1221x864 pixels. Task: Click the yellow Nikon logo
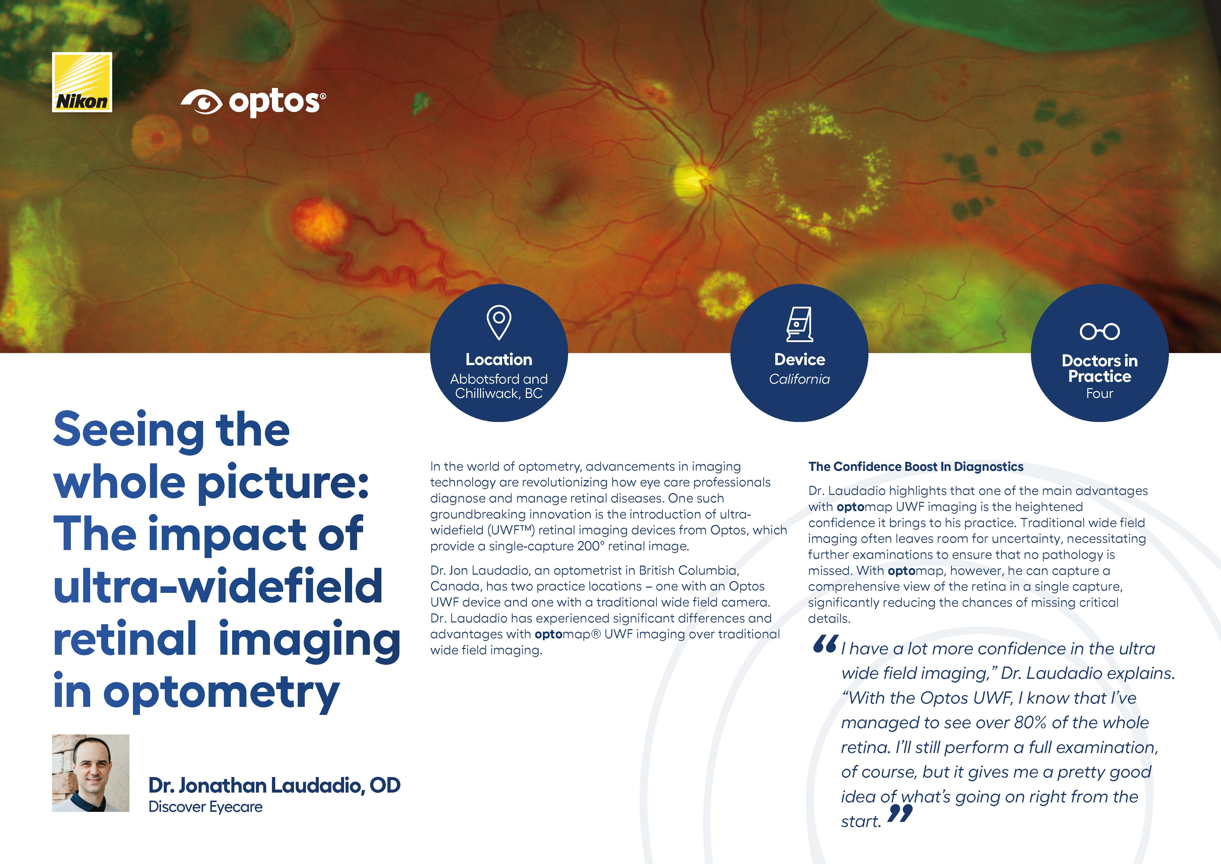(x=82, y=82)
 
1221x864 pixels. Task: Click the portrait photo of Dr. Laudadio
(x=90, y=773)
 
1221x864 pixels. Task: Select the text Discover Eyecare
(x=205, y=807)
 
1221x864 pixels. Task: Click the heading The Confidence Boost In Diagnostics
(x=916, y=467)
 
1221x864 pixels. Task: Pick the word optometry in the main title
(x=221, y=693)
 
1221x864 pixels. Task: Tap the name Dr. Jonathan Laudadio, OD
(x=274, y=785)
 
